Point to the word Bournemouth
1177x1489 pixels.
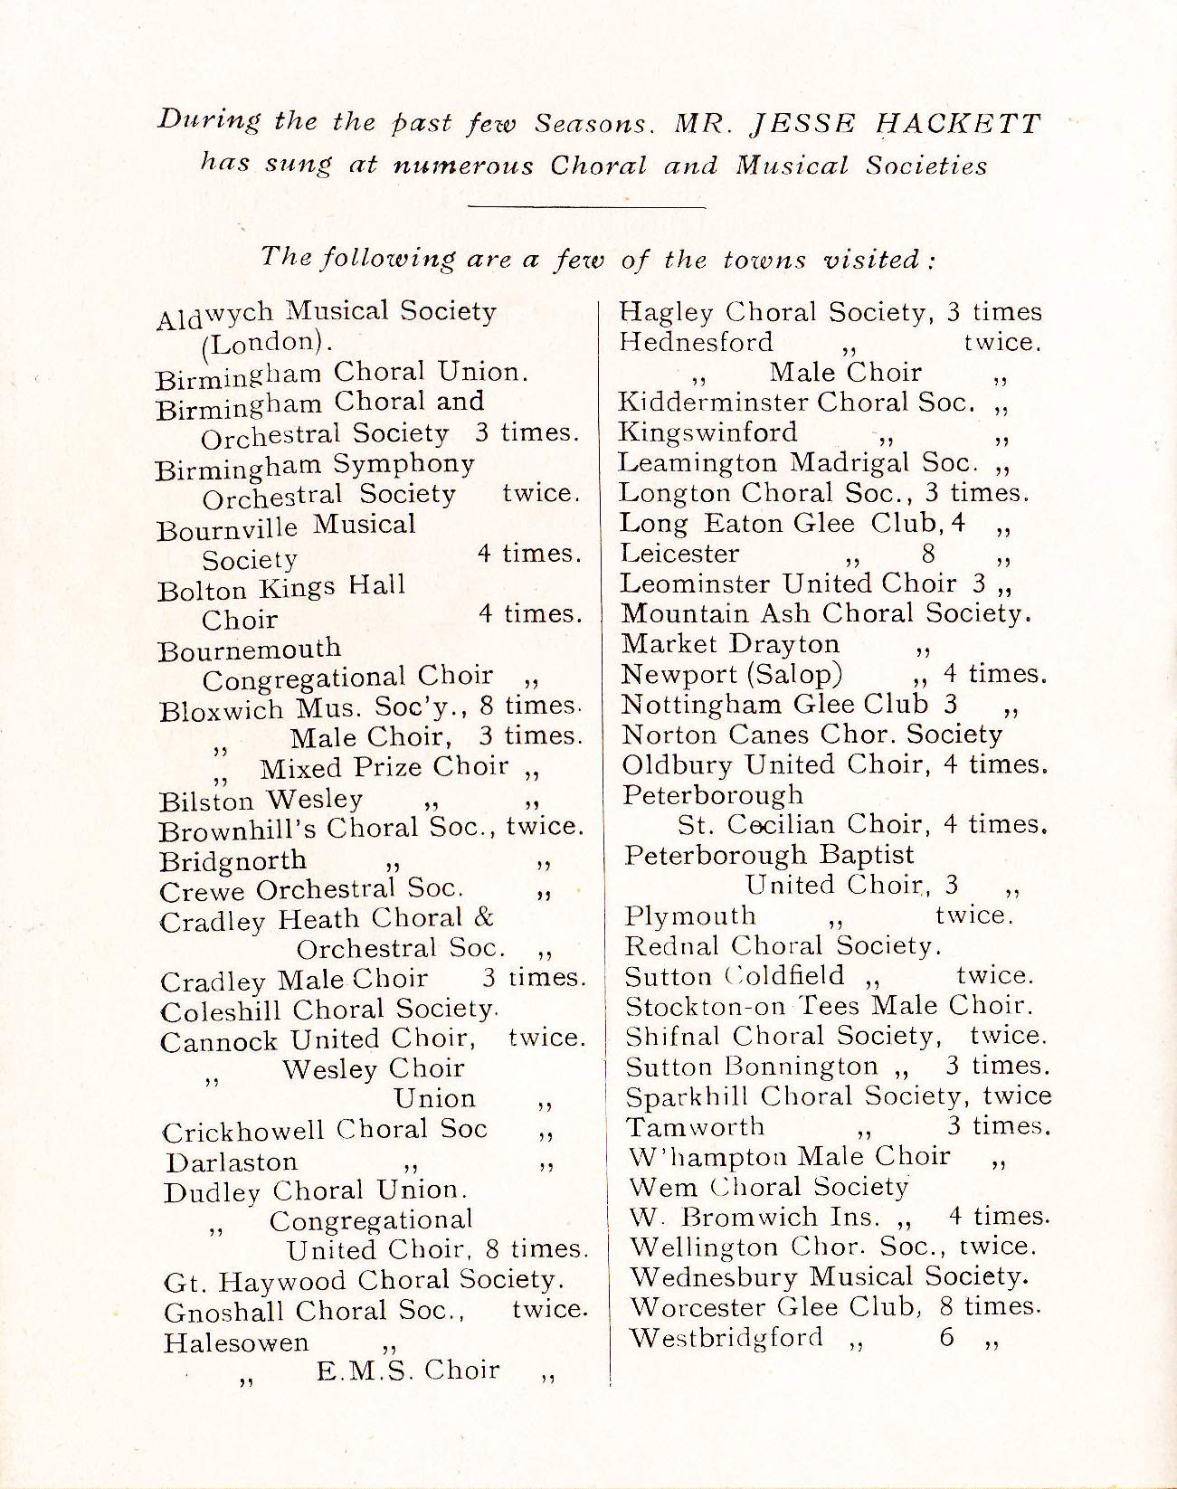click(x=250, y=649)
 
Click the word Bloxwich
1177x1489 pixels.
click(x=220, y=709)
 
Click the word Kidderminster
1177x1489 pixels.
click(x=713, y=402)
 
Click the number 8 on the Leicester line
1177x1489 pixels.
click(x=928, y=553)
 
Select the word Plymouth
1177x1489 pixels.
click(x=689, y=915)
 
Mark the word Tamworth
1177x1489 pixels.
click(x=695, y=1126)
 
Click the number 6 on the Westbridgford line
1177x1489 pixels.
click(x=946, y=1337)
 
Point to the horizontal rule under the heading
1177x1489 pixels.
click(x=588, y=207)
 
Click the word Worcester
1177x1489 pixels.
click(x=695, y=1307)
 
